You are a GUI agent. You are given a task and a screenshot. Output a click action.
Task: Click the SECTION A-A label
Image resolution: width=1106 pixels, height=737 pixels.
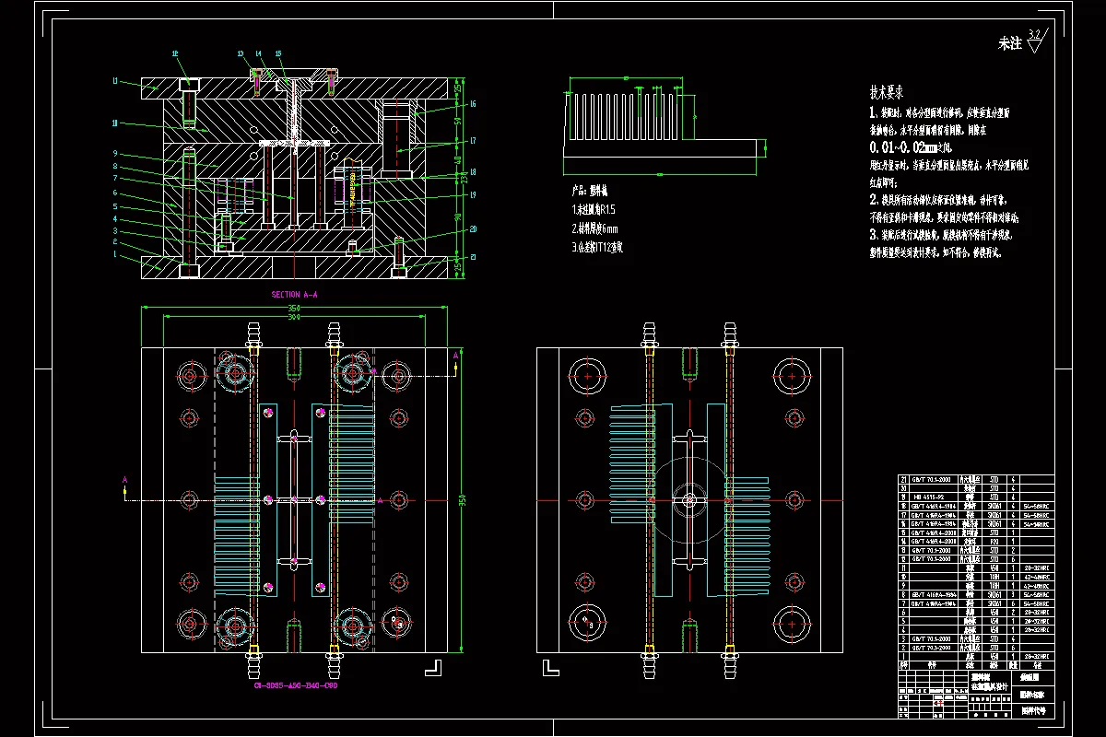(x=294, y=294)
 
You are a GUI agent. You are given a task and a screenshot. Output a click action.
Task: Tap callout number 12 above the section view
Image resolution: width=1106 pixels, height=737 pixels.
(x=175, y=53)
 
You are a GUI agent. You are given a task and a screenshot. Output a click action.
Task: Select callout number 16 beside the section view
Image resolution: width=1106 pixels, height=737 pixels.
(x=472, y=104)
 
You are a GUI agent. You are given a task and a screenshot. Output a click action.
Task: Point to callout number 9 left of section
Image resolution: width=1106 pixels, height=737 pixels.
(x=115, y=152)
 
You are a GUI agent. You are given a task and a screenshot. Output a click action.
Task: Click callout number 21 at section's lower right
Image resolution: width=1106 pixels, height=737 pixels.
(x=474, y=257)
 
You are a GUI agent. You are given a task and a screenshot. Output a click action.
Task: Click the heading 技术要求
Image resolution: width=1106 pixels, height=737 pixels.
(x=886, y=92)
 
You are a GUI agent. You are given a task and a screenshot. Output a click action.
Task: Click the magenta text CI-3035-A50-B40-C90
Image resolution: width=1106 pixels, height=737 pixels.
(x=295, y=686)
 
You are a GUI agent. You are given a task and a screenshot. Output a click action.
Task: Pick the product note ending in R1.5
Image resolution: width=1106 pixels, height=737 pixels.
(x=593, y=211)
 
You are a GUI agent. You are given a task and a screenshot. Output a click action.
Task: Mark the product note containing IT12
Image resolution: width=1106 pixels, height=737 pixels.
(x=598, y=247)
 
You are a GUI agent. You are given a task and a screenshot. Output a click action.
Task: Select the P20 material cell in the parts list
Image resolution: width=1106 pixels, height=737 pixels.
(x=994, y=541)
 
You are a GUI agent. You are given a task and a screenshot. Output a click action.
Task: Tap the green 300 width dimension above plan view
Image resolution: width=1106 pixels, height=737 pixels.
(x=293, y=318)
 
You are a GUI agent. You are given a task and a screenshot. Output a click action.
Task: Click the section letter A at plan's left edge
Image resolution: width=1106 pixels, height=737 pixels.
(x=124, y=479)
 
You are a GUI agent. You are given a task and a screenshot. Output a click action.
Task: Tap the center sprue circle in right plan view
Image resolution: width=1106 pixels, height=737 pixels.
(x=688, y=500)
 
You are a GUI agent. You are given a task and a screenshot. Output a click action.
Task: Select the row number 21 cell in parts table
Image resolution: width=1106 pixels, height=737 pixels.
(x=903, y=479)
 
